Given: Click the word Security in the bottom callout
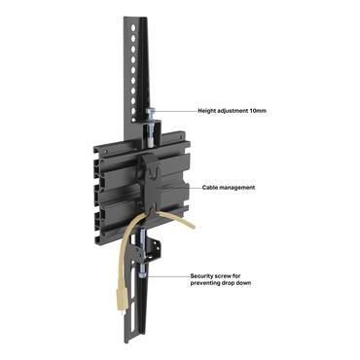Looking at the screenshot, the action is coord(204,275).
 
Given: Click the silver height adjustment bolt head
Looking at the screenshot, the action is coord(152,113).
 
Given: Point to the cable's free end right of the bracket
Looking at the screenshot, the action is coord(191,226).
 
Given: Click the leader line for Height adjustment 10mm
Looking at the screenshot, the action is coord(175,111).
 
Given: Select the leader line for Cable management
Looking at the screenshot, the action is coord(180,186).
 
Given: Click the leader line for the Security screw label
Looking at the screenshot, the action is coord(170,276).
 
